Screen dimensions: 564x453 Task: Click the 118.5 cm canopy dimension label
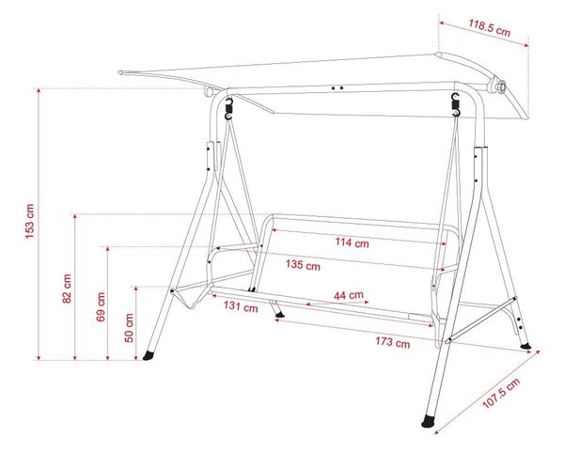(489, 27)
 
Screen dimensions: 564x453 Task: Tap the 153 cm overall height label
(29, 221)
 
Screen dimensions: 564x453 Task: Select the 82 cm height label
(67, 289)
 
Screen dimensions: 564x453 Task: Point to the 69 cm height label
(101, 306)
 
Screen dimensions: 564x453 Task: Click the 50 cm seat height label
(129, 327)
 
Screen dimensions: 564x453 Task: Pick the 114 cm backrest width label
(352, 242)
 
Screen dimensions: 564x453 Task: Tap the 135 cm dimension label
(303, 265)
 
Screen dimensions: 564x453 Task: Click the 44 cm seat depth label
(349, 295)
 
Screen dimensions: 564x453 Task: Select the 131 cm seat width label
(241, 306)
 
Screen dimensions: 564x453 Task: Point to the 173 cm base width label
(392, 341)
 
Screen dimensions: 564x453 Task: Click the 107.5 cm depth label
(501, 393)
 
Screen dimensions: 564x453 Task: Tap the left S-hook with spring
(228, 109)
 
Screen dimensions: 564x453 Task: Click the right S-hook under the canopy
(456, 104)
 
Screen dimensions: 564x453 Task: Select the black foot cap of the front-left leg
(149, 355)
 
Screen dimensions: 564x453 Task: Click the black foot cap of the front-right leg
(429, 421)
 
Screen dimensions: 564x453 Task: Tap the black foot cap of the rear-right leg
(525, 346)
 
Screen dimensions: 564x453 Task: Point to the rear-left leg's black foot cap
(279, 315)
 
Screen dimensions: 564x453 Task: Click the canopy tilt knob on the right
(499, 86)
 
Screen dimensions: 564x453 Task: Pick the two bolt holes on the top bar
(337, 87)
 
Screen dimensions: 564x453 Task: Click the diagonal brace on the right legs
(481, 320)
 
